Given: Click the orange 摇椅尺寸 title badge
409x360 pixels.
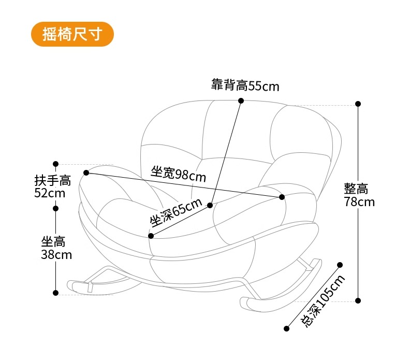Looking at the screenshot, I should (72, 34).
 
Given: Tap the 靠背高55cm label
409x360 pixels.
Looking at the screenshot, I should (245, 85).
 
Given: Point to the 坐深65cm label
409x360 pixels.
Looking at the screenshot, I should (176, 212).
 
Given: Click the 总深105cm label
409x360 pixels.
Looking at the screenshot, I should (323, 300).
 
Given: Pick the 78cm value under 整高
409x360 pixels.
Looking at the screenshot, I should (359, 202).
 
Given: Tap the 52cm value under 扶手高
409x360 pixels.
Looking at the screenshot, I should (50, 193).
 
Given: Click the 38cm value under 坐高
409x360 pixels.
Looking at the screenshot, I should (56, 255).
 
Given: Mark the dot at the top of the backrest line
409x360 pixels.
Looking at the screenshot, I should (241, 101).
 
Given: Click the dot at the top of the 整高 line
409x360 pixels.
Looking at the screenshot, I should (358, 104).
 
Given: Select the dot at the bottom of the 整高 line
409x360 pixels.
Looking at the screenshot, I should (358, 300).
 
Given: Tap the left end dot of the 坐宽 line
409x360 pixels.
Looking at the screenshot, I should (86, 172).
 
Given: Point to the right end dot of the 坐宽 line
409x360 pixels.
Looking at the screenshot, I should (282, 197).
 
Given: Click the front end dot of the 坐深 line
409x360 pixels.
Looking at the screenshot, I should (151, 236).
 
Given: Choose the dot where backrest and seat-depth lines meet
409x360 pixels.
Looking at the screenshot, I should (210, 205).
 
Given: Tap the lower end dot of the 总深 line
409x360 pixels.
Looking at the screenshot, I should (287, 328).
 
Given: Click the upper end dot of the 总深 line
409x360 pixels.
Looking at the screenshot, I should (340, 265).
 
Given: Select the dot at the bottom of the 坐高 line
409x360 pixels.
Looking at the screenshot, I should (56, 293).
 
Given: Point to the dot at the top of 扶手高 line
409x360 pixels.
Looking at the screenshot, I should (56, 164).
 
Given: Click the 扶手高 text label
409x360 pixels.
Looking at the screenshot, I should (52, 181).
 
